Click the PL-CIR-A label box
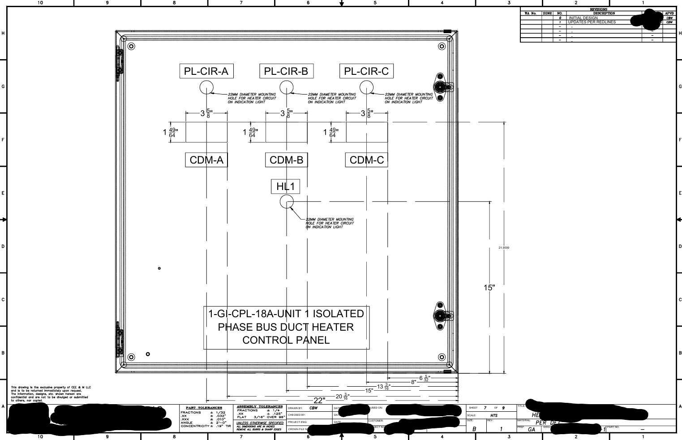click(x=206, y=71)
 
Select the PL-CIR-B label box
click(x=286, y=71)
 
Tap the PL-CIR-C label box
click(x=366, y=71)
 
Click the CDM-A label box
click(x=206, y=160)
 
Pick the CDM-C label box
click(x=366, y=160)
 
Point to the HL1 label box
click(x=286, y=186)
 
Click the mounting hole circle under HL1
click(x=287, y=202)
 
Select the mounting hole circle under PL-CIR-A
click(x=206, y=87)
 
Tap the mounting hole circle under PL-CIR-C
click(x=366, y=87)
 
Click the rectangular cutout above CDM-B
click(x=286, y=132)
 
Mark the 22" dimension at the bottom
click(x=319, y=400)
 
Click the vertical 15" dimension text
click(x=489, y=288)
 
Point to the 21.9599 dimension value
click(x=504, y=248)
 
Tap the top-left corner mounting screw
click(x=131, y=46)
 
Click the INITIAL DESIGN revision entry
click(x=583, y=18)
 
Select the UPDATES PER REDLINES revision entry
click(x=592, y=22)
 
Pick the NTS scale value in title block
click(x=494, y=415)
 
